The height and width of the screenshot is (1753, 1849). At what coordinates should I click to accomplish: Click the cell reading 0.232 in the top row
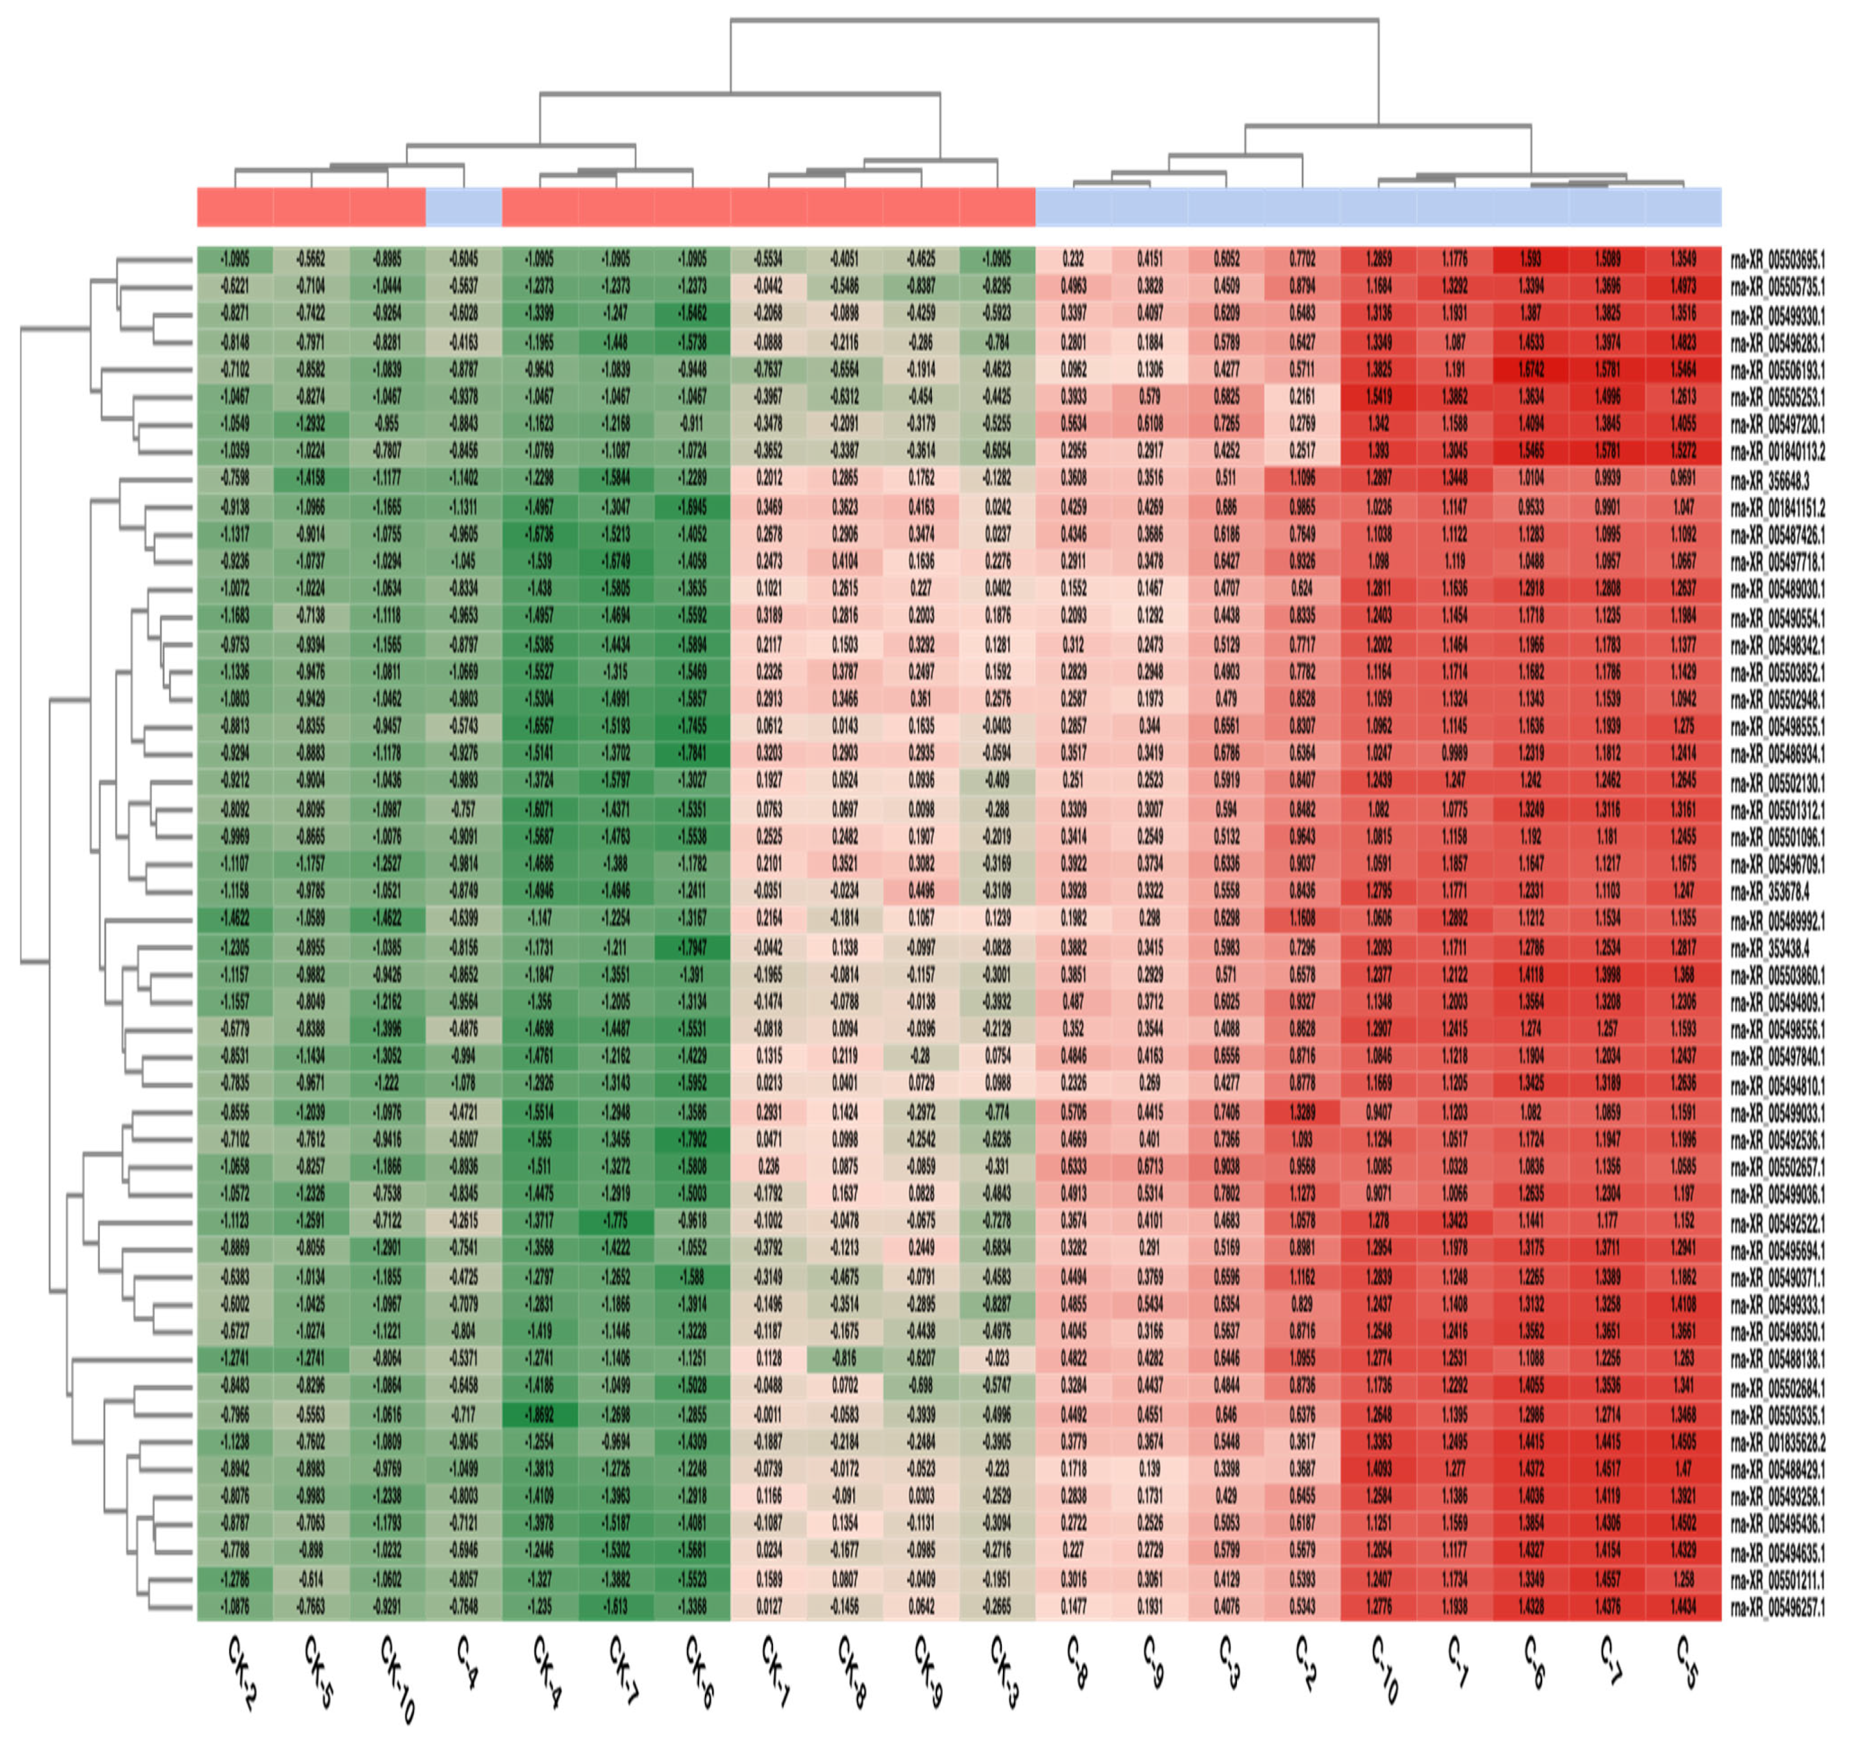click(x=1073, y=260)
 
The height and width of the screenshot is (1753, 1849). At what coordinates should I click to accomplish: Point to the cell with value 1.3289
click(x=1302, y=1113)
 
